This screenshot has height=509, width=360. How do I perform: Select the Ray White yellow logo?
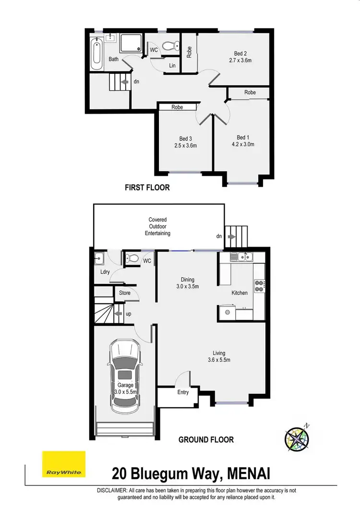click(64, 464)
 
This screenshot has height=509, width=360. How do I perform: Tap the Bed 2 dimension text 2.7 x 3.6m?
click(240, 60)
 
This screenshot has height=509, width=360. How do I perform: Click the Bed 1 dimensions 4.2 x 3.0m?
click(243, 144)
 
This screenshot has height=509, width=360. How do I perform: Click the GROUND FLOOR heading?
click(206, 439)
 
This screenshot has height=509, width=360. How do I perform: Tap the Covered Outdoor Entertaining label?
click(157, 226)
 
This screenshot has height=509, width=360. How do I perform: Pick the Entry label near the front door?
click(183, 392)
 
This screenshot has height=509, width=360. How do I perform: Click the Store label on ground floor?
click(125, 293)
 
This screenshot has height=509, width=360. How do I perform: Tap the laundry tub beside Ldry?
click(99, 260)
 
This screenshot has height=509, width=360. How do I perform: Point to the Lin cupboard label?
click(171, 66)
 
